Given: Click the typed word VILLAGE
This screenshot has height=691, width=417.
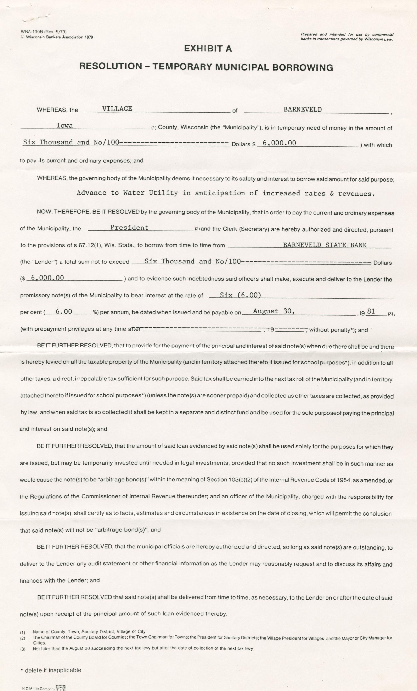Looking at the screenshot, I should point(117,109).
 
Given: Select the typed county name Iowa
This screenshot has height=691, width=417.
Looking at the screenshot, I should point(64,125).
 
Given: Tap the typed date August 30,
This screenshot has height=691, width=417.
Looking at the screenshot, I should point(274,311).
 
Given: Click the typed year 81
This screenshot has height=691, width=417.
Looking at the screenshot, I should point(371,311).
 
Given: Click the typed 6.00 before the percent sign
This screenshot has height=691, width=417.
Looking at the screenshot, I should point(64,312).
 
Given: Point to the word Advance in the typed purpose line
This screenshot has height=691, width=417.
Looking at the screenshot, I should point(91,193).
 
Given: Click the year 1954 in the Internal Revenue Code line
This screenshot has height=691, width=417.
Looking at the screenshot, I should point(344,480).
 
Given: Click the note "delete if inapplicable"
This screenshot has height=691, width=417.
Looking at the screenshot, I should point(53,670).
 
